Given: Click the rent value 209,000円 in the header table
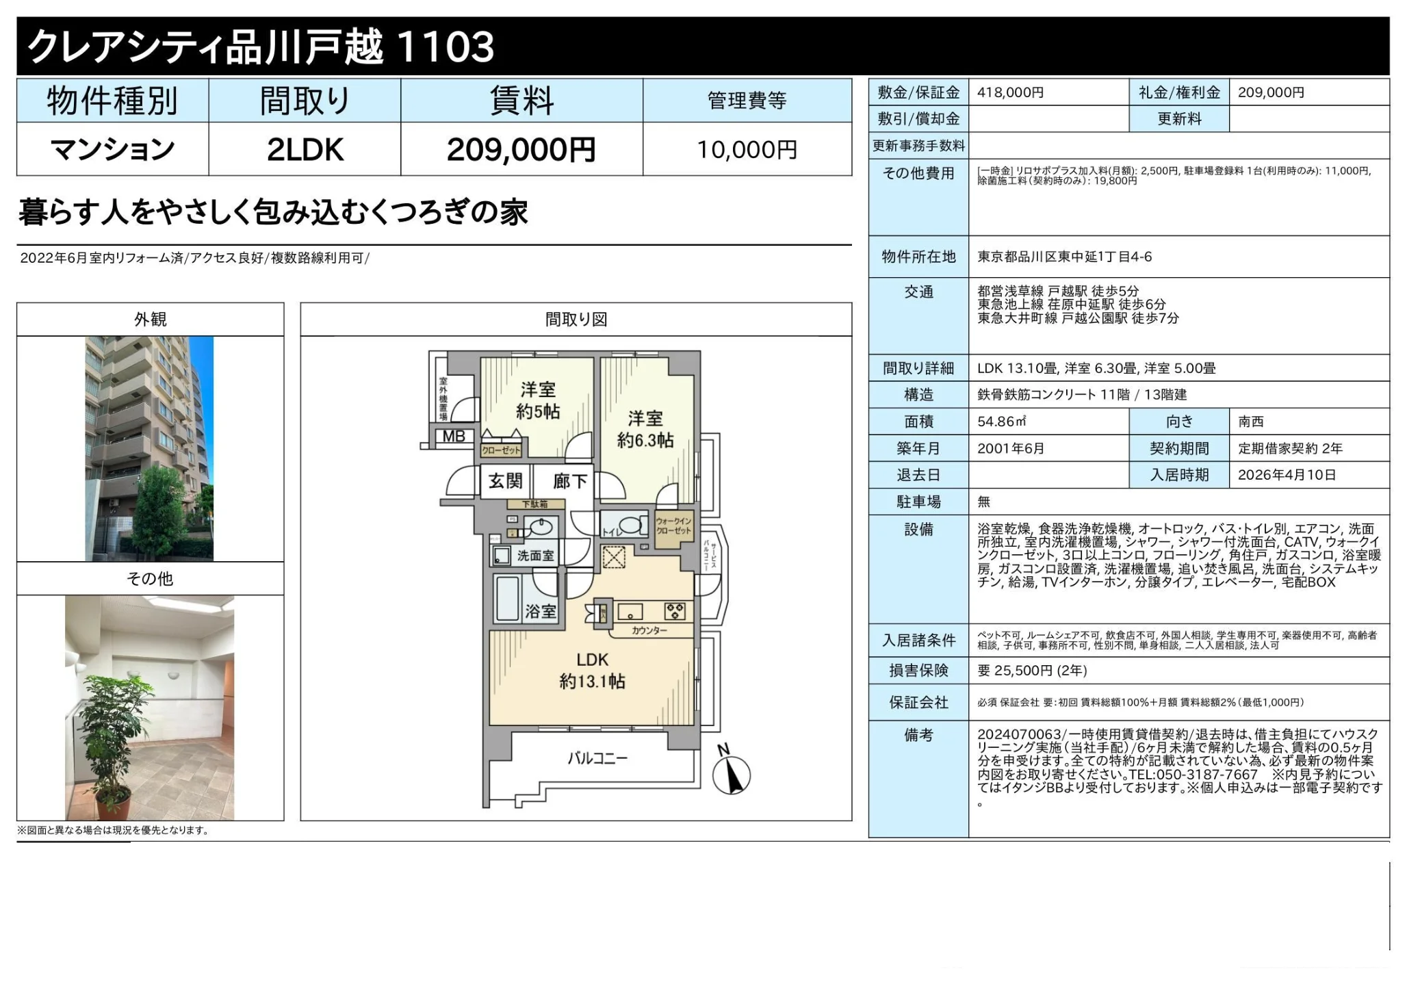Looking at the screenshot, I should [521, 149].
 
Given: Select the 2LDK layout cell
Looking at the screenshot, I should [305, 149].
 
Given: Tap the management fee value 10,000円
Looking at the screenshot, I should [747, 149].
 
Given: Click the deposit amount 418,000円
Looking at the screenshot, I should [1010, 92].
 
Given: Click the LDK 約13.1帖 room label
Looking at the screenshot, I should [592, 671].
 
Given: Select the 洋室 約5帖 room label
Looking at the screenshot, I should [538, 400].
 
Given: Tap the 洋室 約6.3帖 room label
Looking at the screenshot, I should [645, 429].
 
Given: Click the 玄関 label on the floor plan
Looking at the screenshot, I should [505, 481].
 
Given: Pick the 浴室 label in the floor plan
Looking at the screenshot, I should [540, 611].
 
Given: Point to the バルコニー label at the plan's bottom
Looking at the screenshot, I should [597, 758].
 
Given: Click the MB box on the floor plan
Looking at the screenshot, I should [453, 437].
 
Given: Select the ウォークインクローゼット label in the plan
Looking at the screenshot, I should [673, 526].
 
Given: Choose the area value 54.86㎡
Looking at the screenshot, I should [1002, 422].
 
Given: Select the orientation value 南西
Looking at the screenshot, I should [1250, 422].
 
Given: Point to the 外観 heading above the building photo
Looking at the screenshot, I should [150, 320].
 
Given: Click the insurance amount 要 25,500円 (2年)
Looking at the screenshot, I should [1032, 671].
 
